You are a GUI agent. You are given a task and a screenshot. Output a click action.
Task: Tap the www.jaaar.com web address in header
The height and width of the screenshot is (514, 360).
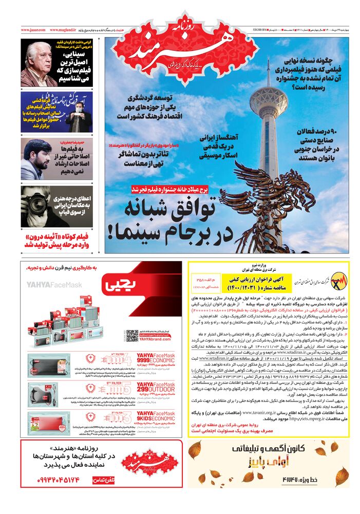(33, 30)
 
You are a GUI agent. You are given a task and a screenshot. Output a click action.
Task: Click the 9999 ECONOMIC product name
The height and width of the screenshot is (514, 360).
(154, 360)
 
